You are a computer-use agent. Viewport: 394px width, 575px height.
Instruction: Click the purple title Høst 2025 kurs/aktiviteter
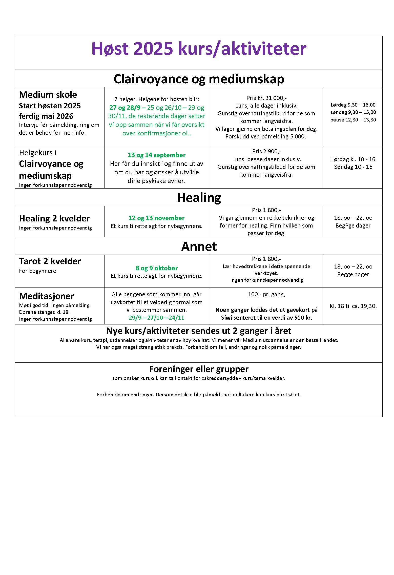coord(199,49)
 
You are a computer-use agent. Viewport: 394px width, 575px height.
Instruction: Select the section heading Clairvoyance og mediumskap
coord(199,79)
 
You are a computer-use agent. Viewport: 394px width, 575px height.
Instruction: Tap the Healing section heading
coord(199,198)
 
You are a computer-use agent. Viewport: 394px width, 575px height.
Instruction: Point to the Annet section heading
coord(199,247)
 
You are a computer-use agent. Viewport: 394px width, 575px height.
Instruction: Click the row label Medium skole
coord(48,95)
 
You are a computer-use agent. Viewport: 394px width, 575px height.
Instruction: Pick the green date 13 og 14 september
coord(156,155)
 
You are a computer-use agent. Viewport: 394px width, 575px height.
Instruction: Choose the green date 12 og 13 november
coord(156,218)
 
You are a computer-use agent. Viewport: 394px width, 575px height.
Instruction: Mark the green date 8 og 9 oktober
coord(156,268)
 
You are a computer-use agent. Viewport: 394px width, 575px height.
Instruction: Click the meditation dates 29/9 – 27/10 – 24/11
coord(156,318)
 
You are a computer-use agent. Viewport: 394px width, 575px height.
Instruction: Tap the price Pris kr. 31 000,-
coord(266,98)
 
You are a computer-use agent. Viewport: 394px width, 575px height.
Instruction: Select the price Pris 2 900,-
coord(266,151)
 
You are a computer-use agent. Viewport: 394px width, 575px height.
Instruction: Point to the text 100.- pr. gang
coord(266,294)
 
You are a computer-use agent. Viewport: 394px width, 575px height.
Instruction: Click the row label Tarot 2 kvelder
coord(50,261)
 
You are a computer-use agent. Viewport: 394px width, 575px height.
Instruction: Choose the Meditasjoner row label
coord(47,296)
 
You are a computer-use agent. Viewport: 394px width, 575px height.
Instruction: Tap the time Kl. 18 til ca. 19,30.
coord(353,306)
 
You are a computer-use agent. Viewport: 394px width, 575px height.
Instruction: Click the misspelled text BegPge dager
coord(353,225)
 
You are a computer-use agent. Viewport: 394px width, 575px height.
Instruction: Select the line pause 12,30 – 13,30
coord(353,120)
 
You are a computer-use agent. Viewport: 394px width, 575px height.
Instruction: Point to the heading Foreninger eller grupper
coord(199,369)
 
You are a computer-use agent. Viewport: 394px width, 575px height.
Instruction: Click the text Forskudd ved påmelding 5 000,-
coord(266,137)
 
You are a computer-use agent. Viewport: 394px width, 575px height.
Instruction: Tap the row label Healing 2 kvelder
coord(54,218)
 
